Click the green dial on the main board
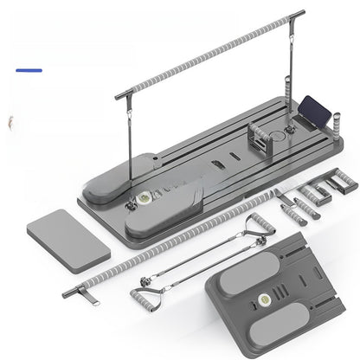pos(139,198)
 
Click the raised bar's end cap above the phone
pos(299,13)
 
